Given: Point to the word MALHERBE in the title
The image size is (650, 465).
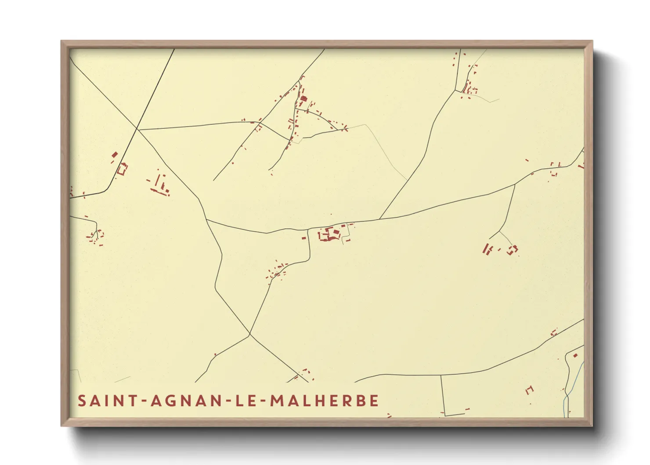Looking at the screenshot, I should [x=324, y=401].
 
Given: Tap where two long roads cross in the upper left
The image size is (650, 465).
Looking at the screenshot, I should [x=137, y=129].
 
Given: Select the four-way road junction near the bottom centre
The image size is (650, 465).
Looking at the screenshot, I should [x=250, y=335].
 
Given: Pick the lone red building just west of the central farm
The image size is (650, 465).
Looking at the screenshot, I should [x=303, y=238].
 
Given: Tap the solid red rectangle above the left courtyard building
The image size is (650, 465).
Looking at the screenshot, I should [x=115, y=155].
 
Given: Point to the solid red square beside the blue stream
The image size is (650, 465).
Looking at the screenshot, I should [x=575, y=355].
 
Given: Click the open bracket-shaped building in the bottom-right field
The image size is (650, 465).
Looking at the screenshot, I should [x=529, y=389].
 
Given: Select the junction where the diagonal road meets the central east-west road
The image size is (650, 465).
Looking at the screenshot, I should [x=379, y=219].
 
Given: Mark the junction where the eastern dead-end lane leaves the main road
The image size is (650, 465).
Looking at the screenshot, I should [x=515, y=185].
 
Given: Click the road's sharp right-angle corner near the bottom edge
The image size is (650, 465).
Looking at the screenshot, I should [x=445, y=415].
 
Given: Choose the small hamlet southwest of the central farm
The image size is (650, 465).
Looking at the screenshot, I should [x=276, y=270].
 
